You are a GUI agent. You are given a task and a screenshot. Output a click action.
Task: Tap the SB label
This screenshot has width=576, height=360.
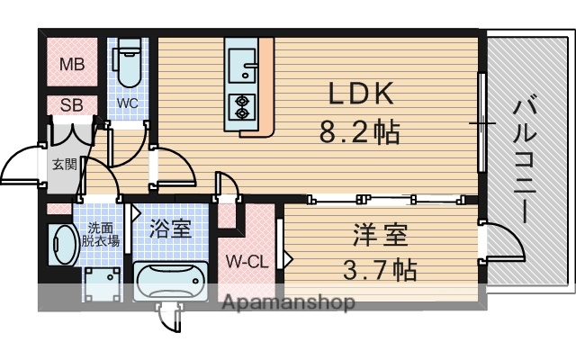point(71,103)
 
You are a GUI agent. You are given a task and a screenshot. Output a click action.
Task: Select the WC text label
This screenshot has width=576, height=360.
point(127,103)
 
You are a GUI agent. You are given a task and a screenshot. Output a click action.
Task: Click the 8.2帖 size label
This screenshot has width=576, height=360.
point(360,133)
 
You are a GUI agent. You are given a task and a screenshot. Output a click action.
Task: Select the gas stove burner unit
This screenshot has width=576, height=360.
point(242,107)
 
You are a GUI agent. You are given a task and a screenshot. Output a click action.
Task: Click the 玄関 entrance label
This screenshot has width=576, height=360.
point(63,164)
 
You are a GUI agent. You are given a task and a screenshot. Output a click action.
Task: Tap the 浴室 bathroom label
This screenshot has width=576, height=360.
point(170,228)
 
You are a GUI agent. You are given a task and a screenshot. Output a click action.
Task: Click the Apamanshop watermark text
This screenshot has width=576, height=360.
point(289,302)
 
